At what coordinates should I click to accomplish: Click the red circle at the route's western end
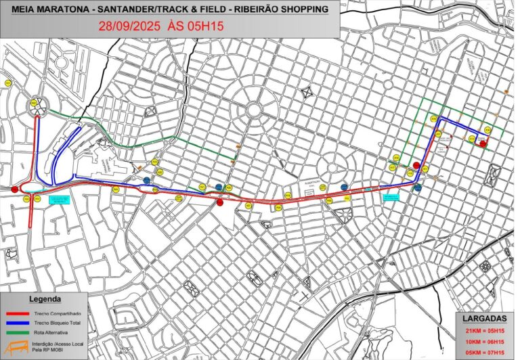[x=16, y=189]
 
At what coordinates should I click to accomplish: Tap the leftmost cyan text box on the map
[x=59, y=200]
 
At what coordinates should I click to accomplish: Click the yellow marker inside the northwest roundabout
[x=35, y=103]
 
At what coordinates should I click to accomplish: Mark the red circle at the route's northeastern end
[x=483, y=143]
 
